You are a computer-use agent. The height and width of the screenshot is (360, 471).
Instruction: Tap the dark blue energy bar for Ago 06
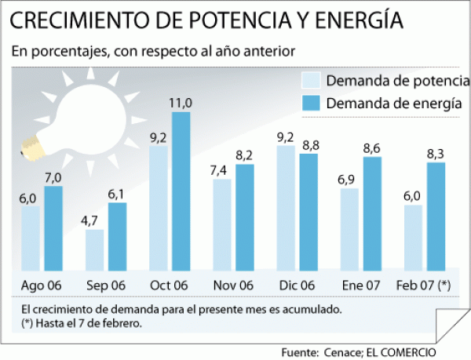(x=53, y=227)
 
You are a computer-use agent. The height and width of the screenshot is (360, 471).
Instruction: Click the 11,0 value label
(x=181, y=103)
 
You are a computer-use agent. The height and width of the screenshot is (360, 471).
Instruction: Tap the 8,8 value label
(x=309, y=144)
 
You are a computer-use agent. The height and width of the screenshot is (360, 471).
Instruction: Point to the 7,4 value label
(x=222, y=169)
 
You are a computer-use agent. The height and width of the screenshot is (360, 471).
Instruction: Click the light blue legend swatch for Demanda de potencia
(x=312, y=81)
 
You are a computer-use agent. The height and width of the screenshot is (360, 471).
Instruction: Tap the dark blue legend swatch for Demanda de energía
(x=312, y=104)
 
